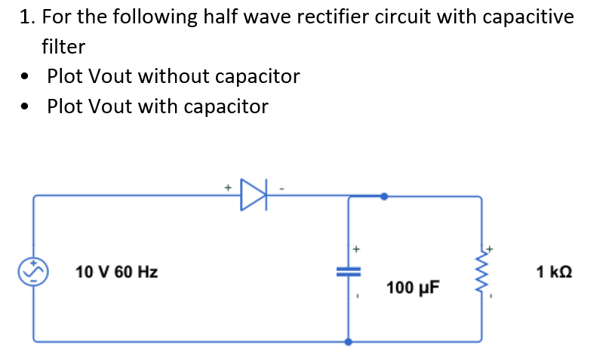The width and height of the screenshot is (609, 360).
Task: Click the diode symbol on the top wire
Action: (x=254, y=195)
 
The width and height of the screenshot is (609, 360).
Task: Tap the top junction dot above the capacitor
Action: (x=384, y=196)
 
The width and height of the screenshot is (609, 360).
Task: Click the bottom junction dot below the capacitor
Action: (x=348, y=341)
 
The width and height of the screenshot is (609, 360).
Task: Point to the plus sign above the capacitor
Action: (x=357, y=247)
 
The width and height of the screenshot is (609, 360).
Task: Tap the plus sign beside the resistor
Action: (x=490, y=247)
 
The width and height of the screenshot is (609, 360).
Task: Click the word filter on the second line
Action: (x=63, y=47)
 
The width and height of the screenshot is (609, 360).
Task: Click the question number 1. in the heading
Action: (x=28, y=17)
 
